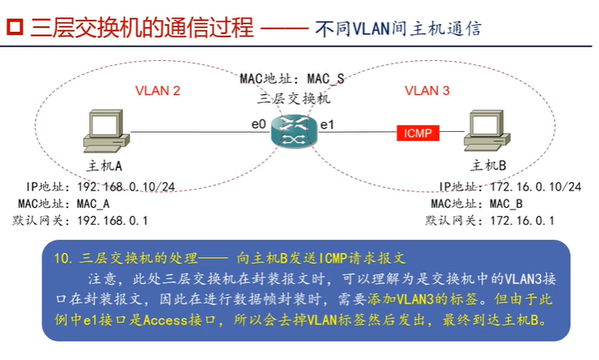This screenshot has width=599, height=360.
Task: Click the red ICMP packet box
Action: pos(418,132)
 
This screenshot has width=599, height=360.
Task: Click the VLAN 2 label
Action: pos(157,90)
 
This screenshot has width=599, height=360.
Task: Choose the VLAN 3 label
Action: pos(427,90)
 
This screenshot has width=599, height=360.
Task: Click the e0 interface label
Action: pos(259,124)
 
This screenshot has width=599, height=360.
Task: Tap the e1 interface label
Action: pos(327,124)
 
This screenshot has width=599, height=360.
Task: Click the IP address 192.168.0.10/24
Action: pos(125,187)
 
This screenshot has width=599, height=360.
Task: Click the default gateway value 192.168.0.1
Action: pos(112,221)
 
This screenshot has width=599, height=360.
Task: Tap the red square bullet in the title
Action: pos(14,28)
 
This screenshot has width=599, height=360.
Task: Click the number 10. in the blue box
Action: pos(65,258)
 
